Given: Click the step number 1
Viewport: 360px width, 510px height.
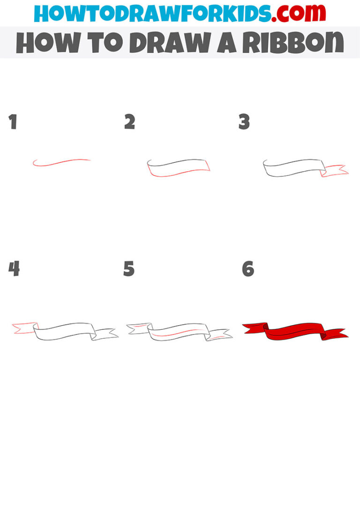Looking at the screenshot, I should [x=13, y=122].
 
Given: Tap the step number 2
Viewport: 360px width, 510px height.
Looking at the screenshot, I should [x=130, y=122].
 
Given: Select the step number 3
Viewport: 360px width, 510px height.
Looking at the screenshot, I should [x=244, y=122].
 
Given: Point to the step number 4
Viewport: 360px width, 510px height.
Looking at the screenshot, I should [x=14, y=269].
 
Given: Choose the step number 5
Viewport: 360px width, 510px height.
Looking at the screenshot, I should [x=129, y=269].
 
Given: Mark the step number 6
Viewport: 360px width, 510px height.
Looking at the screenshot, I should [x=247, y=269].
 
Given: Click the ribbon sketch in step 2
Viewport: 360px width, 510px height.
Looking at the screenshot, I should [x=178, y=168].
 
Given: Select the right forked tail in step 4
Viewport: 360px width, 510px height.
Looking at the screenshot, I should [x=105, y=334].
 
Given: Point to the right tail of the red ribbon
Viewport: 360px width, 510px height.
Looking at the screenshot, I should [x=336, y=334].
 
